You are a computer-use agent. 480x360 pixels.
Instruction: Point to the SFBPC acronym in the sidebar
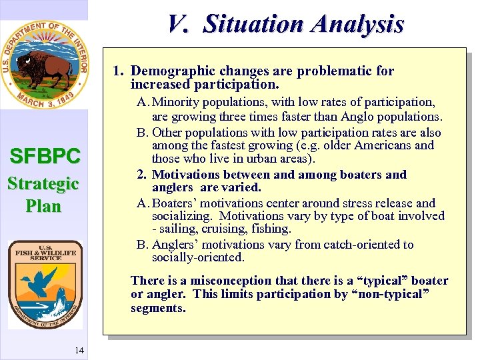click(x=45, y=157)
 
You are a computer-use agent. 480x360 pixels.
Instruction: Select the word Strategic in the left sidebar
click(x=43, y=183)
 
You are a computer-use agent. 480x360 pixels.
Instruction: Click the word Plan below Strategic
click(x=43, y=206)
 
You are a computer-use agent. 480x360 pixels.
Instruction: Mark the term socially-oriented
click(x=198, y=257)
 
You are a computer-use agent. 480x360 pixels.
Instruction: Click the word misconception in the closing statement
click(x=217, y=281)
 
